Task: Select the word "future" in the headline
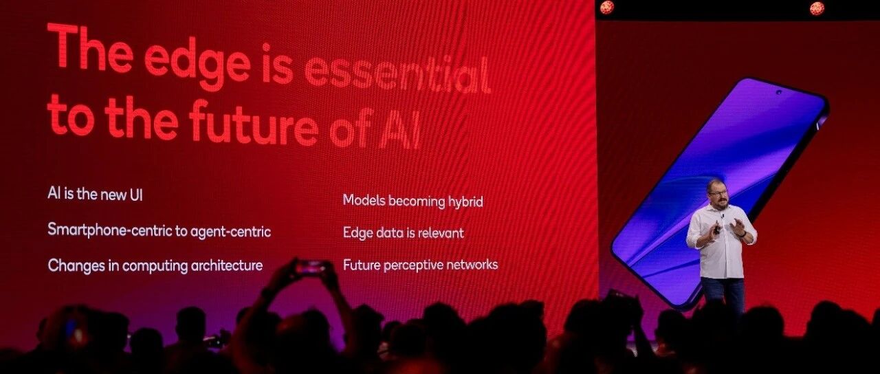click(253, 124)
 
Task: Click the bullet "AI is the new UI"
click(95, 194)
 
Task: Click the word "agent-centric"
click(230, 232)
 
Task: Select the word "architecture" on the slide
click(226, 265)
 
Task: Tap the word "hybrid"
click(465, 202)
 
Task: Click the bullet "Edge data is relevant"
click(403, 232)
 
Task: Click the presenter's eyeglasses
click(718, 192)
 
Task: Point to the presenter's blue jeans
click(722, 295)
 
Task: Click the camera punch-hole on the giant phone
click(778, 93)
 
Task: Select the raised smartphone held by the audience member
click(310, 267)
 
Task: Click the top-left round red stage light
click(607, 7)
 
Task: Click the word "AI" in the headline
click(401, 133)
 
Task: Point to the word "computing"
click(155, 266)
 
